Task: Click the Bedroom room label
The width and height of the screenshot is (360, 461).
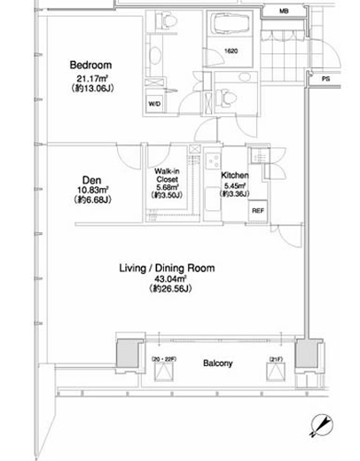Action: tap(90, 65)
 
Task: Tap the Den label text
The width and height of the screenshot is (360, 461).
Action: tap(91, 180)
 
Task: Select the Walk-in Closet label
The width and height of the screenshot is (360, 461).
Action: tap(167, 176)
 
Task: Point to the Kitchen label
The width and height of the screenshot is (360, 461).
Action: tap(235, 176)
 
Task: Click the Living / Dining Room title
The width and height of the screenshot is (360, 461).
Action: tap(167, 268)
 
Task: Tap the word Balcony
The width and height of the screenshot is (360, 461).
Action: tap(218, 363)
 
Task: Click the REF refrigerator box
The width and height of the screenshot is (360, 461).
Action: tap(258, 211)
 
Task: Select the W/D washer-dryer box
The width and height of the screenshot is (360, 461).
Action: tap(154, 104)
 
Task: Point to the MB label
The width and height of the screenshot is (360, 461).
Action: tap(284, 12)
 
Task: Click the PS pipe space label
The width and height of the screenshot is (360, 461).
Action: tap(325, 79)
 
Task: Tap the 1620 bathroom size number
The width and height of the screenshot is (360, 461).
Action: tap(231, 51)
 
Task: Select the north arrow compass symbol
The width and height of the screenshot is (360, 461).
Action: tap(321, 425)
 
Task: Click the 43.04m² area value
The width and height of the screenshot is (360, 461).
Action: tap(170, 278)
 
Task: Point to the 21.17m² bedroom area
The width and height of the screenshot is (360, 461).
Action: tap(92, 79)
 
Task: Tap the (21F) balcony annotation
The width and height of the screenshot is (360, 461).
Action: tap(276, 359)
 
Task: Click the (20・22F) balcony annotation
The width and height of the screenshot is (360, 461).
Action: tap(164, 359)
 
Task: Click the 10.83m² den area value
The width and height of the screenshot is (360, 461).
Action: tap(92, 190)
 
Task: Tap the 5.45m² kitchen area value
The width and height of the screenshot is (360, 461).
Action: tap(235, 186)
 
